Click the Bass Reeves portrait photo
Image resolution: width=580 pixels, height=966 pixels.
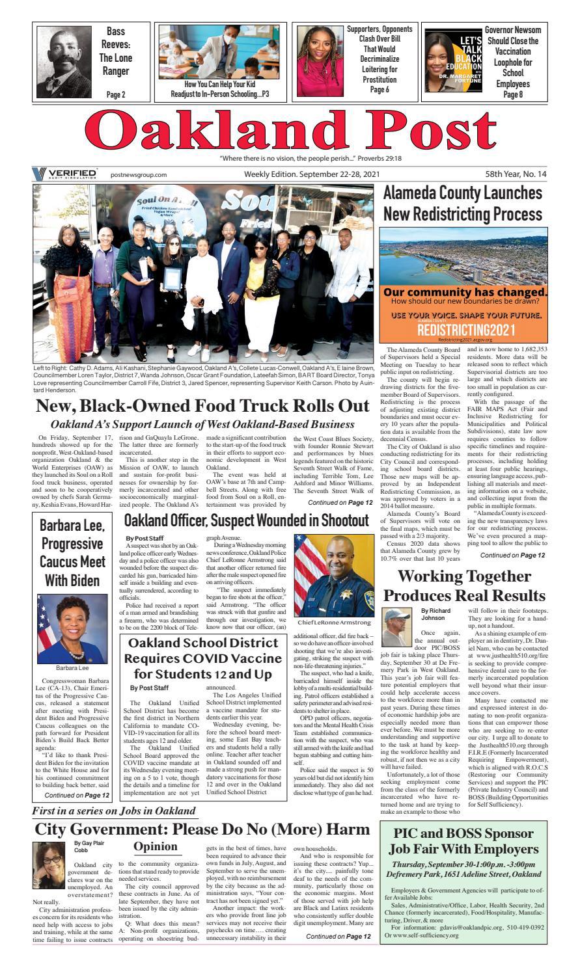[x=64, y=61]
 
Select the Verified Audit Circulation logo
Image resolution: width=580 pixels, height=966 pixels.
[x=64, y=174]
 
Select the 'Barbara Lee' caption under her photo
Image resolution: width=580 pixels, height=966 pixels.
[x=72, y=667]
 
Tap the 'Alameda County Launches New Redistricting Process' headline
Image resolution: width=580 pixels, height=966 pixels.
[x=462, y=203]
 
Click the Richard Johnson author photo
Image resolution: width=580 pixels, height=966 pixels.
[x=398, y=626]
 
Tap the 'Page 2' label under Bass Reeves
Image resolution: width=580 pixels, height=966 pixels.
[x=116, y=94]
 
